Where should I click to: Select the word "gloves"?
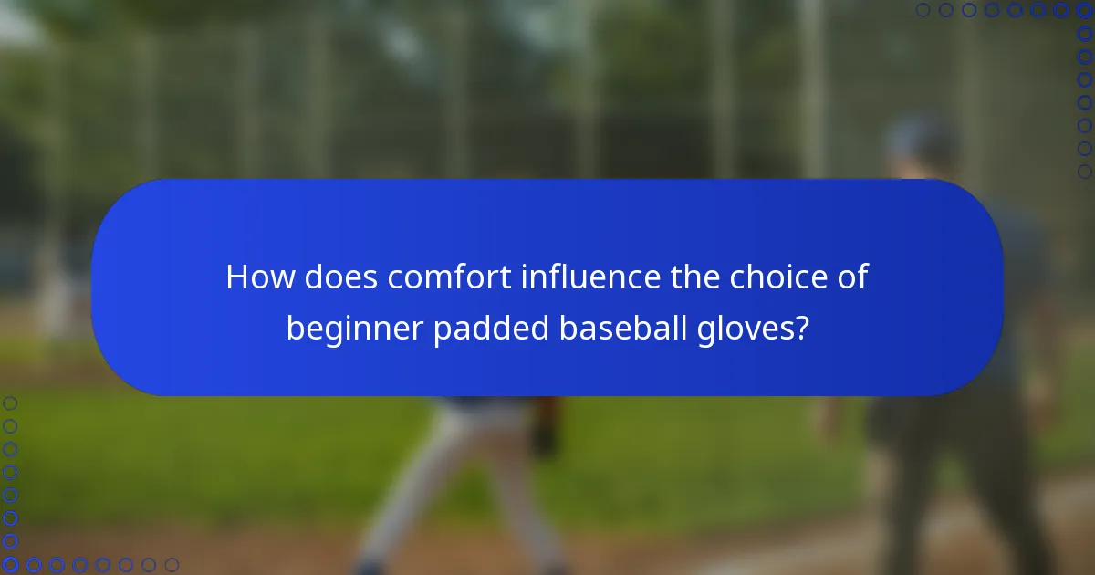tap(746, 329)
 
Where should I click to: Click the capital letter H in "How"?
tap(238, 277)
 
